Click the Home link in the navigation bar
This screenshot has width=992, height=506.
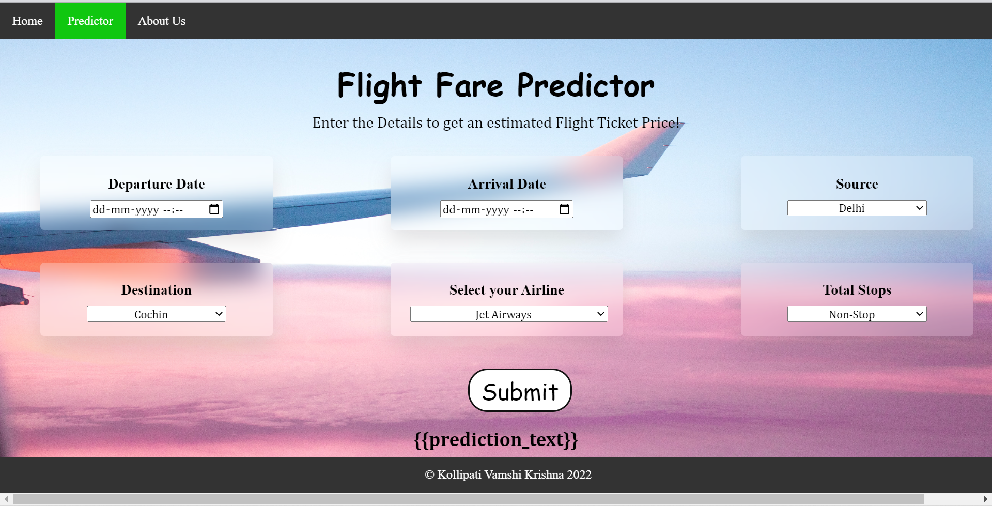27,21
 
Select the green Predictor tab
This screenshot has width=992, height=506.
90,21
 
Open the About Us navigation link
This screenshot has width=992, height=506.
162,21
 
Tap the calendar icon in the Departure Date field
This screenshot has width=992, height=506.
214,209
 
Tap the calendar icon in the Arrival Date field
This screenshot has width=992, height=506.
564,209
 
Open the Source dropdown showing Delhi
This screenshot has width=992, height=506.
857,208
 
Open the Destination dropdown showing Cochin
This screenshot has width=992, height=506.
156,314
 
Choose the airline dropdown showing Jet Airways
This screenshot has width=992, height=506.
508,314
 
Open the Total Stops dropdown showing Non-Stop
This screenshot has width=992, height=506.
857,314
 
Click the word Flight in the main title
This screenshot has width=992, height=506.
379,86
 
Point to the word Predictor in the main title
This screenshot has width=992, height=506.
585,86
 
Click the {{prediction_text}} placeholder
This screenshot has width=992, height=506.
495,439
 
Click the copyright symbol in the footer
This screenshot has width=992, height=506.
429,475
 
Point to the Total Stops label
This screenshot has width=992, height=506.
857,290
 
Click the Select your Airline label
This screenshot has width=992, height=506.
506,290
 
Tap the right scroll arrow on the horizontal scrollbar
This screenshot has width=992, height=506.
986,499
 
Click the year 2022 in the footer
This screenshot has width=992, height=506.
579,475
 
